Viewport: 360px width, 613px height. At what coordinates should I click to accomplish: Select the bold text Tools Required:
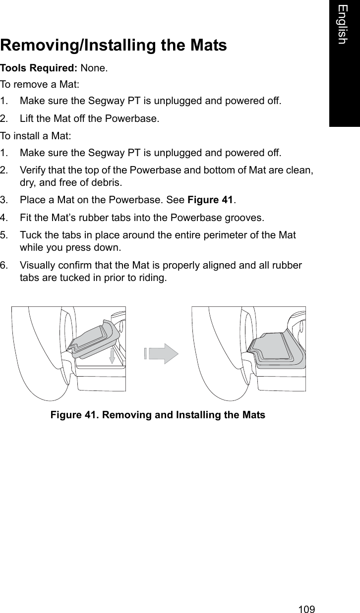(39, 68)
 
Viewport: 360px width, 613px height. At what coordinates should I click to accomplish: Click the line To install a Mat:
(34, 135)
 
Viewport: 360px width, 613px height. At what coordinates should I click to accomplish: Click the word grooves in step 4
(244, 218)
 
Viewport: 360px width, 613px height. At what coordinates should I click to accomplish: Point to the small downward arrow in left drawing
(112, 356)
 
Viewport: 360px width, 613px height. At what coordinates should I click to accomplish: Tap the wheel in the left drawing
(40, 357)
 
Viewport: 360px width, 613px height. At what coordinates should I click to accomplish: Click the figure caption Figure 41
(158, 415)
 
